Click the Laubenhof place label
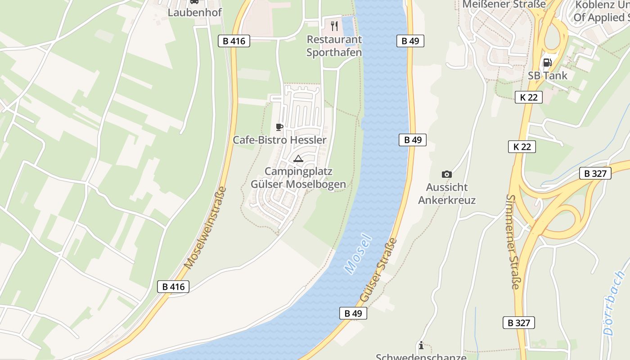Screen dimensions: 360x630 (x=194, y=12)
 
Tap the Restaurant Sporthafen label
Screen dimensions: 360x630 (x=334, y=46)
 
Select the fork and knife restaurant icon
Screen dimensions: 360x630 (x=334, y=25)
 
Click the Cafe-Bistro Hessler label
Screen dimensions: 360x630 (x=279, y=140)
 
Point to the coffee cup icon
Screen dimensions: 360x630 (x=279, y=127)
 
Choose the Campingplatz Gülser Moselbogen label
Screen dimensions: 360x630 (x=298, y=178)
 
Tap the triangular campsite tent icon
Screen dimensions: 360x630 (x=298, y=158)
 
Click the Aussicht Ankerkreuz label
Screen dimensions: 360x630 (x=446, y=193)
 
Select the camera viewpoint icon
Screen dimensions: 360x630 (x=446, y=174)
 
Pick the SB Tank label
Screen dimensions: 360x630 (x=548, y=76)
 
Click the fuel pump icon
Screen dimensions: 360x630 (x=547, y=63)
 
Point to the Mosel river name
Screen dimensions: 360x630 (x=358, y=254)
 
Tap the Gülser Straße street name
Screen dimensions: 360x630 (x=379, y=270)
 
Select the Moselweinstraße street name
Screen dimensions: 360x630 (x=205, y=228)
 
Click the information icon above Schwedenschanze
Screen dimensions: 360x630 (x=421, y=345)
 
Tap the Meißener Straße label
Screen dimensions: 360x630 (x=504, y=4)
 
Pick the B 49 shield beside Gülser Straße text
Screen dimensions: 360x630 (x=353, y=313)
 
